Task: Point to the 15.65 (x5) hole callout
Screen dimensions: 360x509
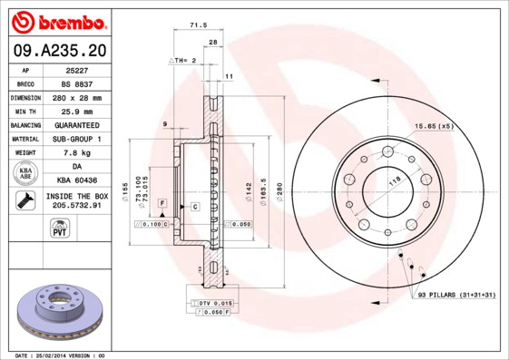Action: point(433,126)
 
